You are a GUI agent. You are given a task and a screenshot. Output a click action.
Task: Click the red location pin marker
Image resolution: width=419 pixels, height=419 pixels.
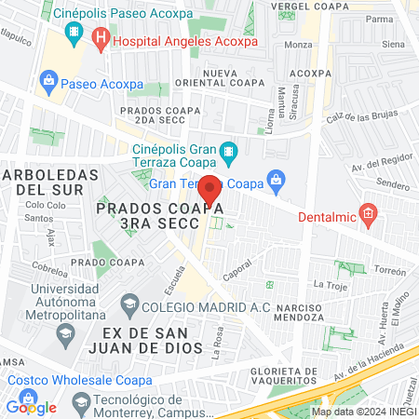[210, 189]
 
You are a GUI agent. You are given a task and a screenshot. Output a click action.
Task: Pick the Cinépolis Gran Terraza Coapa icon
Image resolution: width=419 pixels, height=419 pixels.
[228, 150]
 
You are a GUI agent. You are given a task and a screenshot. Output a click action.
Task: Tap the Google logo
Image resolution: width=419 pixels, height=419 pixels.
[31, 406]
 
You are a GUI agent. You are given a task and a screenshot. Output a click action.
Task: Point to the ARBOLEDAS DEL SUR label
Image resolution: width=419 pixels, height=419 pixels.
[50, 182]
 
